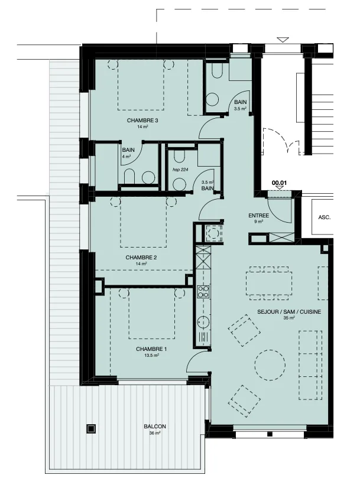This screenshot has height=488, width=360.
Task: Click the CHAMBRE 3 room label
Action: click(x=142, y=121)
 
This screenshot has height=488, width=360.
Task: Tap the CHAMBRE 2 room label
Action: click(x=141, y=258)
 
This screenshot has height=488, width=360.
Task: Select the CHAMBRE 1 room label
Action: click(x=151, y=349)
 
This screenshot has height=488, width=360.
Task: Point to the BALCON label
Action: click(x=155, y=427)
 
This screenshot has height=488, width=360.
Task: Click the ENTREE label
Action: click(x=258, y=216)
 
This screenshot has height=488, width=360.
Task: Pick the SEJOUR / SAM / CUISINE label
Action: click(x=289, y=311)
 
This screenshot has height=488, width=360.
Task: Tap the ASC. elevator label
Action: click(x=324, y=217)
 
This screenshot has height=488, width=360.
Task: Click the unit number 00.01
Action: click(x=280, y=183)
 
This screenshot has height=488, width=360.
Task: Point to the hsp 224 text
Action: click(x=181, y=170)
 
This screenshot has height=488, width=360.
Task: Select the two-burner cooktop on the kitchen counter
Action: click(x=203, y=292)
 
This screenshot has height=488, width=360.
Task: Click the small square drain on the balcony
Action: click(x=91, y=429)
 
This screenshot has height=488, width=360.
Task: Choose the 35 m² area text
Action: click(x=289, y=318)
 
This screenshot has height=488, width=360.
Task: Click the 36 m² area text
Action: click(x=155, y=433)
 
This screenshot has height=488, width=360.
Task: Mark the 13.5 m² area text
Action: click(x=152, y=355)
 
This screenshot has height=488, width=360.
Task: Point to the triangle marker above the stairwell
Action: click(x=283, y=39)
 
